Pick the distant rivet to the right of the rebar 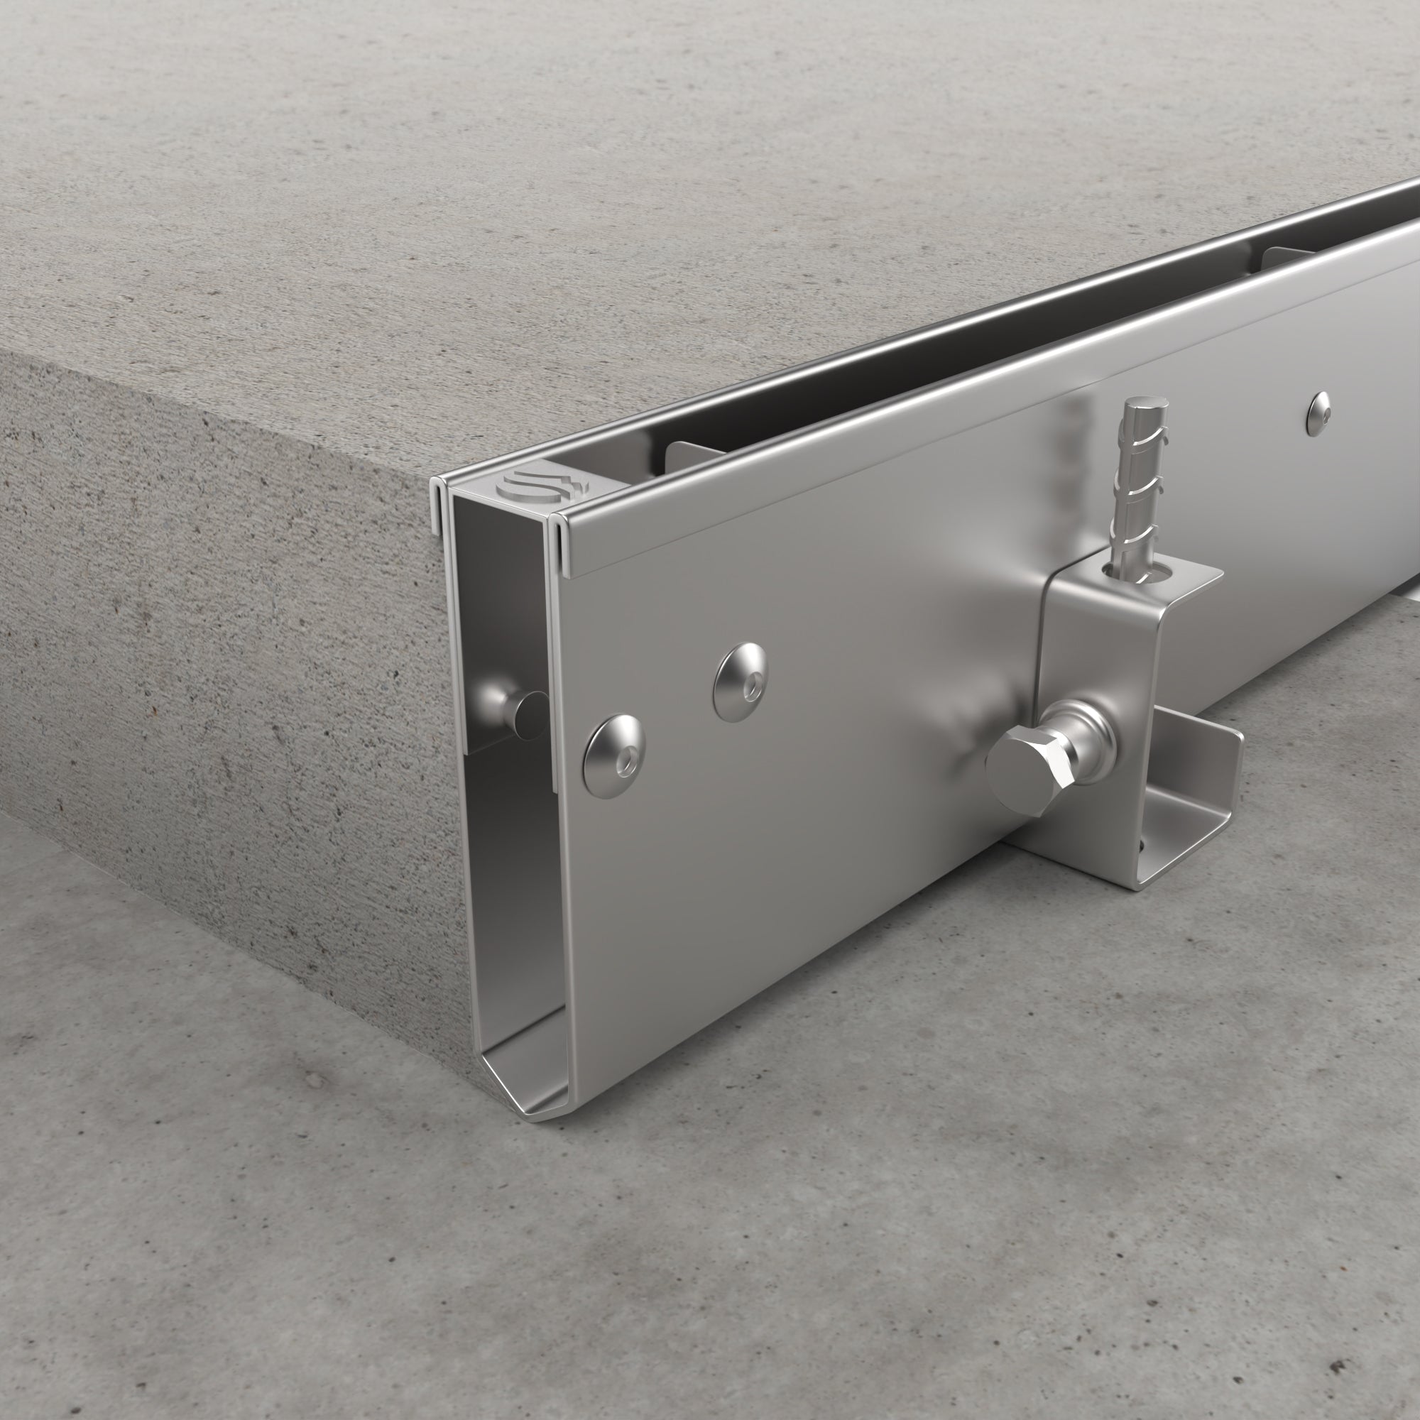pos(1320,413)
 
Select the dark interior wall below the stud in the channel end pos(507,882)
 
